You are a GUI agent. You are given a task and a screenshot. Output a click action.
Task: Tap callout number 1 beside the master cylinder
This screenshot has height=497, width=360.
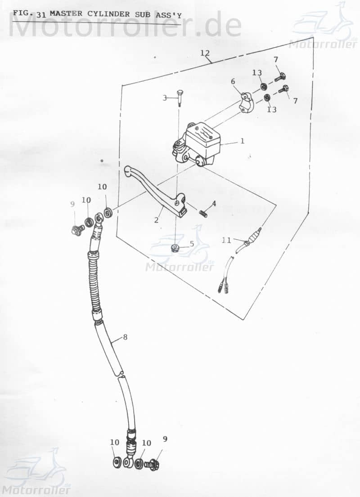click(242, 141)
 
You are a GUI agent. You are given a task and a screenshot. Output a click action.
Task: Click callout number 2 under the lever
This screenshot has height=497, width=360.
click(157, 220)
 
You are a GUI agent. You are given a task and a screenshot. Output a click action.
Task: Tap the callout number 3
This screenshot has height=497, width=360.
click(165, 98)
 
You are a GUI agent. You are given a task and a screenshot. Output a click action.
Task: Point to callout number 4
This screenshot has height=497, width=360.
click(214, 203)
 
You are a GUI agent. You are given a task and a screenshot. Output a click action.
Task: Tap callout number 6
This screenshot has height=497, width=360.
click(233, 81)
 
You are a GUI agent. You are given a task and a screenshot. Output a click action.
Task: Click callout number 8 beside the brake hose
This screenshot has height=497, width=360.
click(125, 337)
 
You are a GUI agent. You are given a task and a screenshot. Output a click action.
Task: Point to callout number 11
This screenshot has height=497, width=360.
click(226, 240)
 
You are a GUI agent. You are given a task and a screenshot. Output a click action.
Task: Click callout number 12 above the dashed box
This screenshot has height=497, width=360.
click(205, 53)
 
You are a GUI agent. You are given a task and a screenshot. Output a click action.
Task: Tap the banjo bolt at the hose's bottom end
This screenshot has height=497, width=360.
click(154, 464)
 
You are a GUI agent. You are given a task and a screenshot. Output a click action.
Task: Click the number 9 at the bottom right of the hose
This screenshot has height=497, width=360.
click(165, 439)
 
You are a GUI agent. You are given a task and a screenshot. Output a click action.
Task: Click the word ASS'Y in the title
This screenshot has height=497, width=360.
click(167, 13)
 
